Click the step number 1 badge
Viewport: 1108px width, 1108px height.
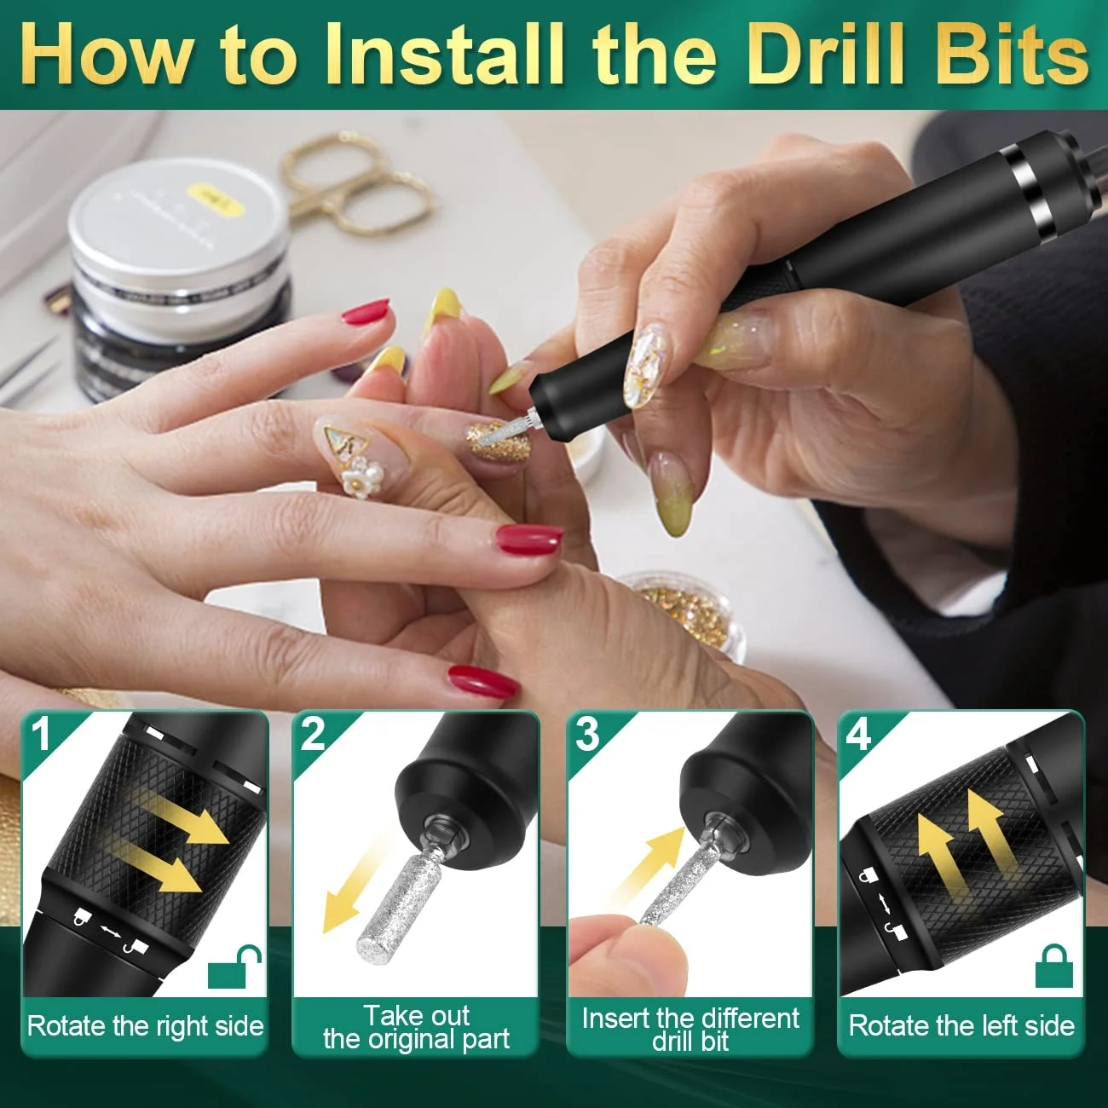(x=41, y=734)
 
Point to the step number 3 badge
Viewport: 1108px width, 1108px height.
(x=586, y=734)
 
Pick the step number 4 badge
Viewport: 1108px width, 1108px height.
(x=858, y=734)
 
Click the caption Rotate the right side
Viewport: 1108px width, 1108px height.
(x=146, y=1026)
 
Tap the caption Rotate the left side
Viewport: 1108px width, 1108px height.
(x=961, y=1026)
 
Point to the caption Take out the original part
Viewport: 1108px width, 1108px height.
(x=416, y=1027)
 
